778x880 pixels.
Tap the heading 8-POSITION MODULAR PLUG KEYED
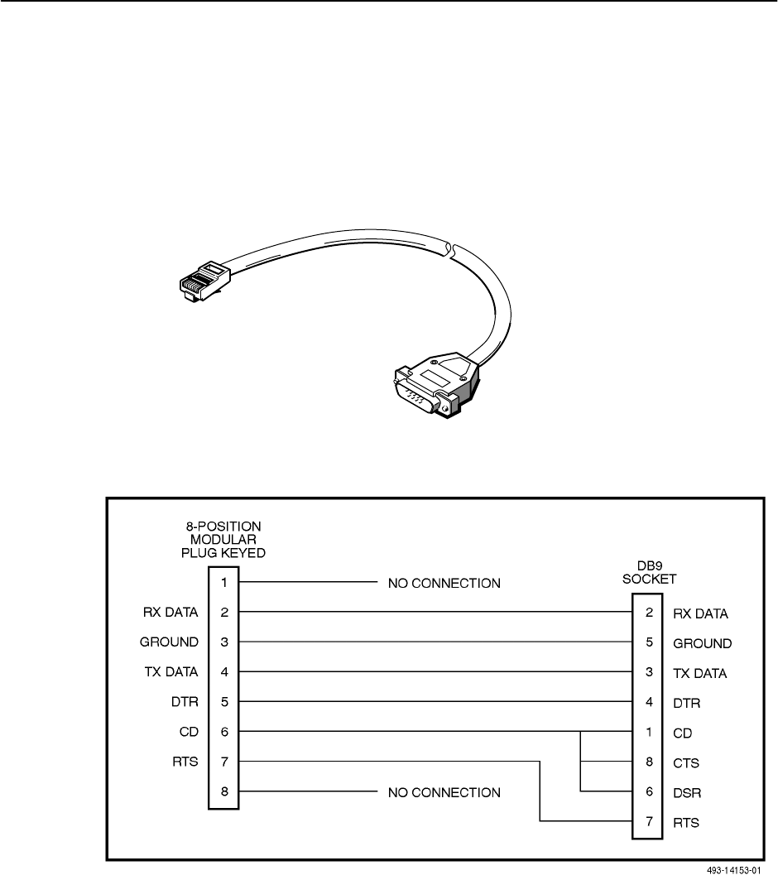pyautogui.click(x=223, y=539)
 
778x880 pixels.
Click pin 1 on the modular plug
pyautogui.click(x=223, y=583)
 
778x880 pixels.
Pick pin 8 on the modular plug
pyautogui.click(x=223, y=792)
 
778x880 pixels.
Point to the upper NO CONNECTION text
pyautogui.click(x=444, y=583)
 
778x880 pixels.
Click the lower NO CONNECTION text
pyautogui.click(x=444, y=792)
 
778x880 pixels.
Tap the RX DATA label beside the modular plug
pyautogui.click(x=170, y=613)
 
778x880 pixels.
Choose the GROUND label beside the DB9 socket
pyautogui.click(x=703, y=643)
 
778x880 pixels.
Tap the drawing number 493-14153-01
pyautogui.click(x=733, y=871)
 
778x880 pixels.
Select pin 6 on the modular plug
pyautogui.click(x=223, y=732)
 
